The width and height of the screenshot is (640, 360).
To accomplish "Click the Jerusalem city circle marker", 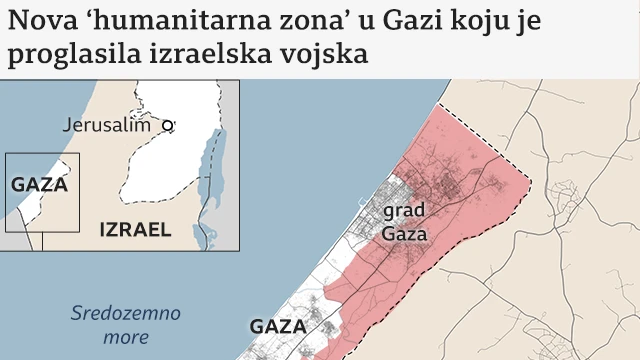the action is click(x=168, y=126).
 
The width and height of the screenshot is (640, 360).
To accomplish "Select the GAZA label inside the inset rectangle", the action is click(x=39, y=185).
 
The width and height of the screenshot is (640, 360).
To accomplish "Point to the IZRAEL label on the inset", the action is click(x=135, y=230).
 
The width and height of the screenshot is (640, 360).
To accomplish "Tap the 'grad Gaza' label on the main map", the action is click(x=404, y=223).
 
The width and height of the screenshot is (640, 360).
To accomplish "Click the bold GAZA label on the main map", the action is click(x=277, y=327).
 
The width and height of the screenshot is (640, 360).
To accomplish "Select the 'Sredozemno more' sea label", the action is click(x=125, y=325).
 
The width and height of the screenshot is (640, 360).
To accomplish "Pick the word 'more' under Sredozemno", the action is click(x=125, y=337).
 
